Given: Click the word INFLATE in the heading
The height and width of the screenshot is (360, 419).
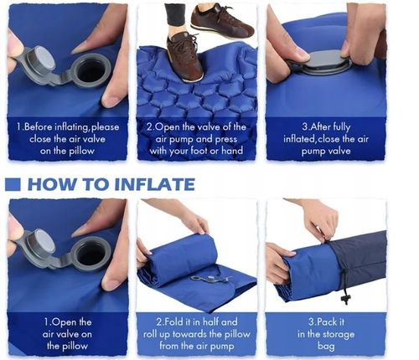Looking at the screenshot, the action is tap(154, 184).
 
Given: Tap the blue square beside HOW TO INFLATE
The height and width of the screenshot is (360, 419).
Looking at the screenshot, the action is tap(13, 184).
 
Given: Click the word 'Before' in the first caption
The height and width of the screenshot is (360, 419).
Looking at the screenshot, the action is tap(39, 127).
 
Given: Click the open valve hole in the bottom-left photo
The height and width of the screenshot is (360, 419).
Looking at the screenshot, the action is tap(91, 255).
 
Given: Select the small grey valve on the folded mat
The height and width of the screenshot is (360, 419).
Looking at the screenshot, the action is tap(211, 279).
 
